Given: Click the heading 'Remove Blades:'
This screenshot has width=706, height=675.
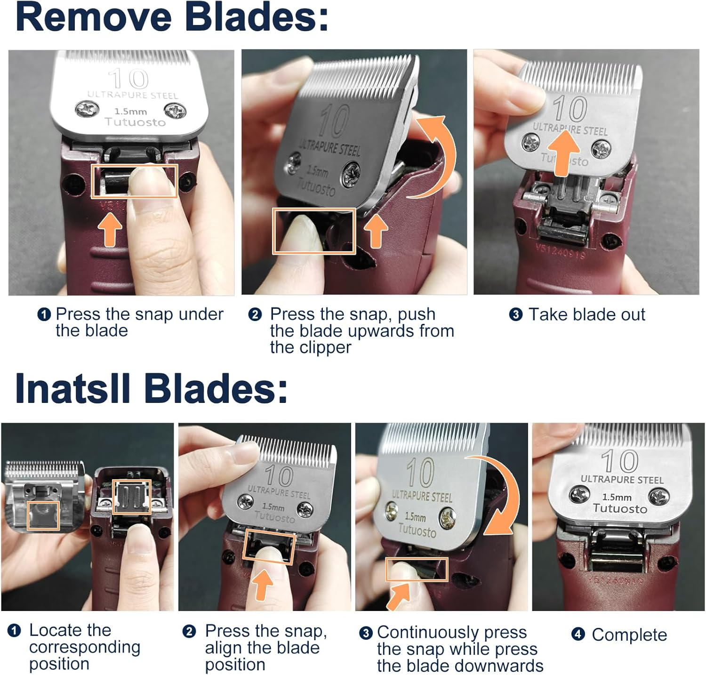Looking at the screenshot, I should click(x=172, y=17).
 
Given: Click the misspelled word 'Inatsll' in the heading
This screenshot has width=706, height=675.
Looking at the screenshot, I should click(x=72, y=389).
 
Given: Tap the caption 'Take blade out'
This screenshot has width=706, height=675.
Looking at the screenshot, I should click(x=586, y=314).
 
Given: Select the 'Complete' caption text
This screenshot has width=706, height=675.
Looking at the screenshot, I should click(x=629, y=635).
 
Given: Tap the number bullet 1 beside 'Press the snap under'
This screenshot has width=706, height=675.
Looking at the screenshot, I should click(x=44, y=314).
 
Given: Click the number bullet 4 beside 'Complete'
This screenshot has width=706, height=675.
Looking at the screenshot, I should click(x=578, y=635).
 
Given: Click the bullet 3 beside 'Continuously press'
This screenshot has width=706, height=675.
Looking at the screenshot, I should click(x=366, y=633).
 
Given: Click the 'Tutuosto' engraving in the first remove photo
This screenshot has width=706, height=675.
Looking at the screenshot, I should click(x=135, y=122).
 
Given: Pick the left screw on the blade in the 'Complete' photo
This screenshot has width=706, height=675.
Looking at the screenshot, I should click(x=579, y=495).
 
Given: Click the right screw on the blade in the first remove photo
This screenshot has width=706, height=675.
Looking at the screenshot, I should click(x=175, y=111).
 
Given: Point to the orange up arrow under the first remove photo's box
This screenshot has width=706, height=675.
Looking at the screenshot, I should click(x=110, y=228).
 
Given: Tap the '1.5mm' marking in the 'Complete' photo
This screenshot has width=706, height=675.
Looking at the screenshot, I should click(x=617, y=497).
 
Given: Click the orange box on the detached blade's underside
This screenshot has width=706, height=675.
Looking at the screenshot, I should click(x=43, y=515).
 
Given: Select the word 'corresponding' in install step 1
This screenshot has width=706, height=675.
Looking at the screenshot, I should click(x=85, y=647).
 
